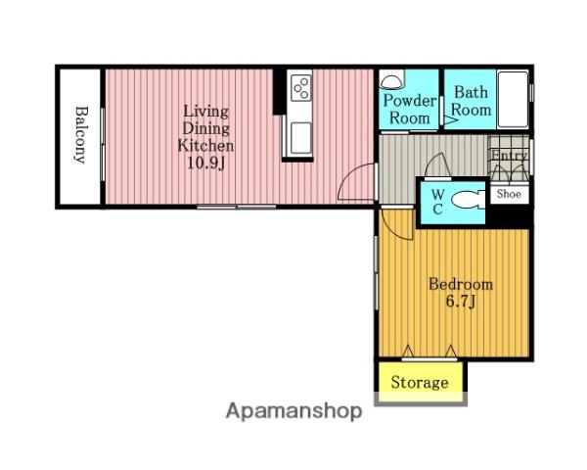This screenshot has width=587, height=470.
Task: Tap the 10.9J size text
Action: (x=205, y=163)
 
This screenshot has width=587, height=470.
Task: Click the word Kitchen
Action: (x=205, y=146)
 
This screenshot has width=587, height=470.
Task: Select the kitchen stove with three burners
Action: (x=301, y=86)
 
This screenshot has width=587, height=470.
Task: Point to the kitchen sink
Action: (x=300, y=137)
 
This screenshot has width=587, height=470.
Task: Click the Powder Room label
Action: (x=410, y=110)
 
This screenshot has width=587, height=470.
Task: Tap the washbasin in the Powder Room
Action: (x=391, y=80)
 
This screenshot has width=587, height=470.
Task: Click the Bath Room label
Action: (x=472, y=101)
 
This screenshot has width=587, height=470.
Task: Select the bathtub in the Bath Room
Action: (x=513, y=99)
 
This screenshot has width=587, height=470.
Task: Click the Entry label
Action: (x=509, y=155)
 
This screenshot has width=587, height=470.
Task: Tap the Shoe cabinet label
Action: (x=509, y=194)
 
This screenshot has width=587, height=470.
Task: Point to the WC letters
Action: (x=438, y=202)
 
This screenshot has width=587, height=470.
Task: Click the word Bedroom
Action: (x=461, y=284)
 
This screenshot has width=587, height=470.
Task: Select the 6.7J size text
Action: (x=461, y=302)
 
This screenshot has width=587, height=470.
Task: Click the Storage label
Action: (x=420, y=382)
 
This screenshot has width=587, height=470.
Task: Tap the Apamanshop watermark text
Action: (x=293, y=411)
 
